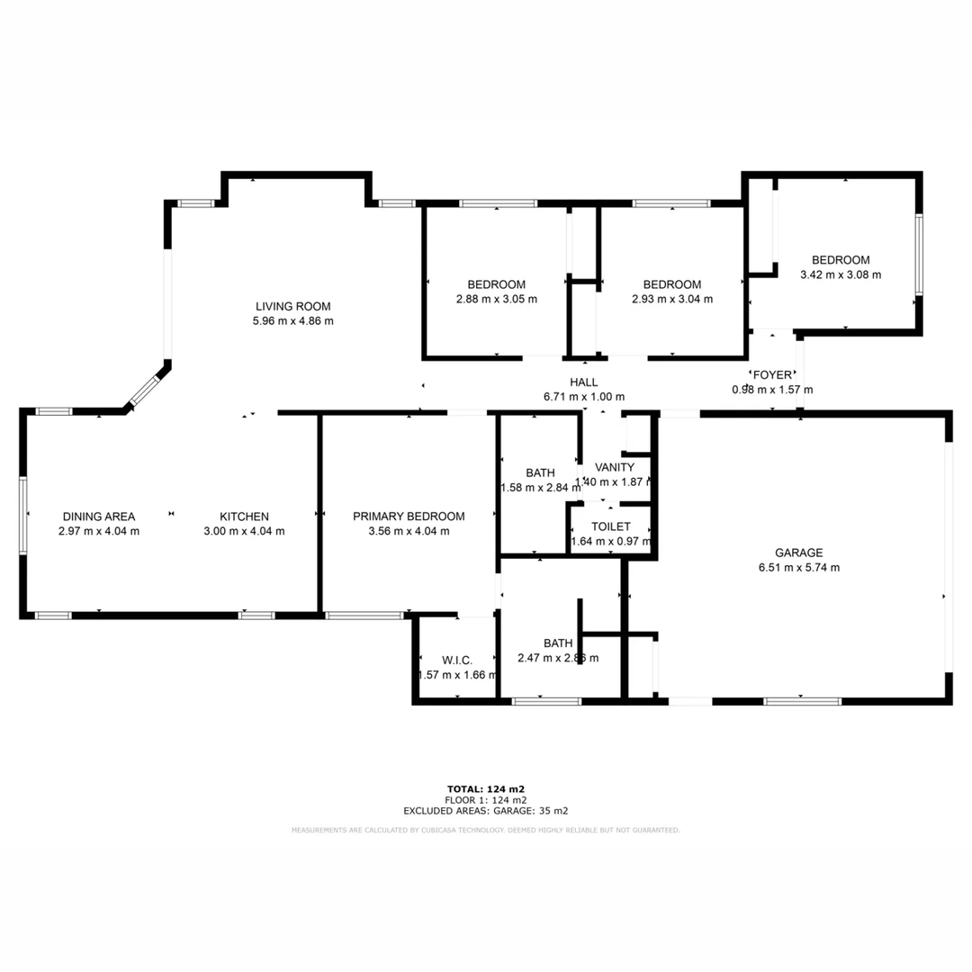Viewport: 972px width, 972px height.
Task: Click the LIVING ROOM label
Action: click(293, 306)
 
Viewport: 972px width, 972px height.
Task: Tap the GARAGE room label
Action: click(798, 553)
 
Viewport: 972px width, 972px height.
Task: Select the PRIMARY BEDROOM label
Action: click(409, 517)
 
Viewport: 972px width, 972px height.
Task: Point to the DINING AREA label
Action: click(99, 517)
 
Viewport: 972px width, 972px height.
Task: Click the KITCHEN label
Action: click(244, 517)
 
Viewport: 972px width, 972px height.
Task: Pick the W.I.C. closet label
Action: click(457, 661)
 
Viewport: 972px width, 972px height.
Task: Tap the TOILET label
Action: click(610, 526)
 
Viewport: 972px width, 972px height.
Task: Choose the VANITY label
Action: click(616, 467)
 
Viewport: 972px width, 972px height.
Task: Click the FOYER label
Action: click(772, 374)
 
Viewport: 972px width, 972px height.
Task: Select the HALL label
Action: click(584, 382)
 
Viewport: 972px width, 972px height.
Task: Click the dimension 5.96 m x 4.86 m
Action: click(293, 321)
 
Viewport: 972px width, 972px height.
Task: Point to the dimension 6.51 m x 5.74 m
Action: click(798, 568)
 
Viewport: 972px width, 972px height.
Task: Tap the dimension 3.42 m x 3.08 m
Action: click(841, 275)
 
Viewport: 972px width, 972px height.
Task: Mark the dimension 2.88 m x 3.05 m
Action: click(497, 300)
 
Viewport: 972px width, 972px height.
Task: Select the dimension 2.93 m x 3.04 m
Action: click(672, 300)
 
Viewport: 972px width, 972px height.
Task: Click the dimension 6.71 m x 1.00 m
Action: click(584, 397)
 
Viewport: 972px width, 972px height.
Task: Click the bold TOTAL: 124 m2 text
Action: click(486, 789)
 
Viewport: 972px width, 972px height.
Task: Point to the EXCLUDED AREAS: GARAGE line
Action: click(486, 811)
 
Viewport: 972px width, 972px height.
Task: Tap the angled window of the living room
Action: click(144, 391)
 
